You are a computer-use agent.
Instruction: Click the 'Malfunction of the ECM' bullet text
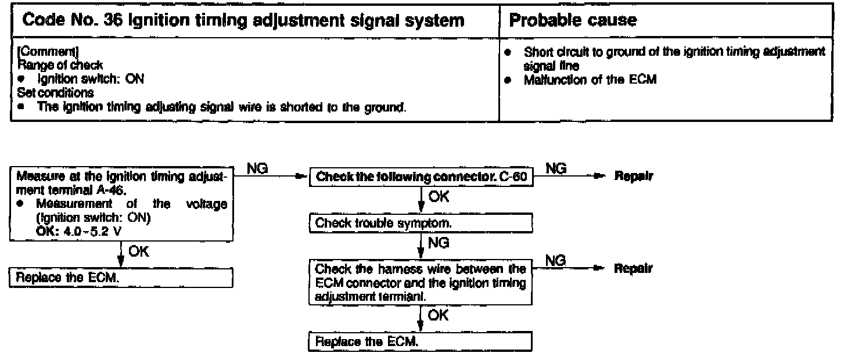click(x=590, y=80)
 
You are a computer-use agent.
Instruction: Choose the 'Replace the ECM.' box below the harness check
click(x=421, y=342)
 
